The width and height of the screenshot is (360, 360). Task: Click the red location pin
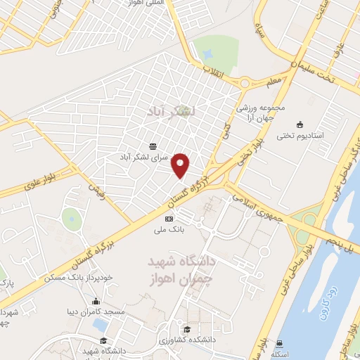point(181,165)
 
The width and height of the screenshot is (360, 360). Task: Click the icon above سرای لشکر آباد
point(153,146)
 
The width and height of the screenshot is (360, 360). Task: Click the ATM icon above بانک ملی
point(169,219)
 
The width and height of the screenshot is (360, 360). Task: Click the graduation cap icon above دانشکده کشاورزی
point(187,329)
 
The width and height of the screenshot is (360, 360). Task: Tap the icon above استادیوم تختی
point(301,124)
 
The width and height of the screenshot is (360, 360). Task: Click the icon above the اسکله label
point(280,344)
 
